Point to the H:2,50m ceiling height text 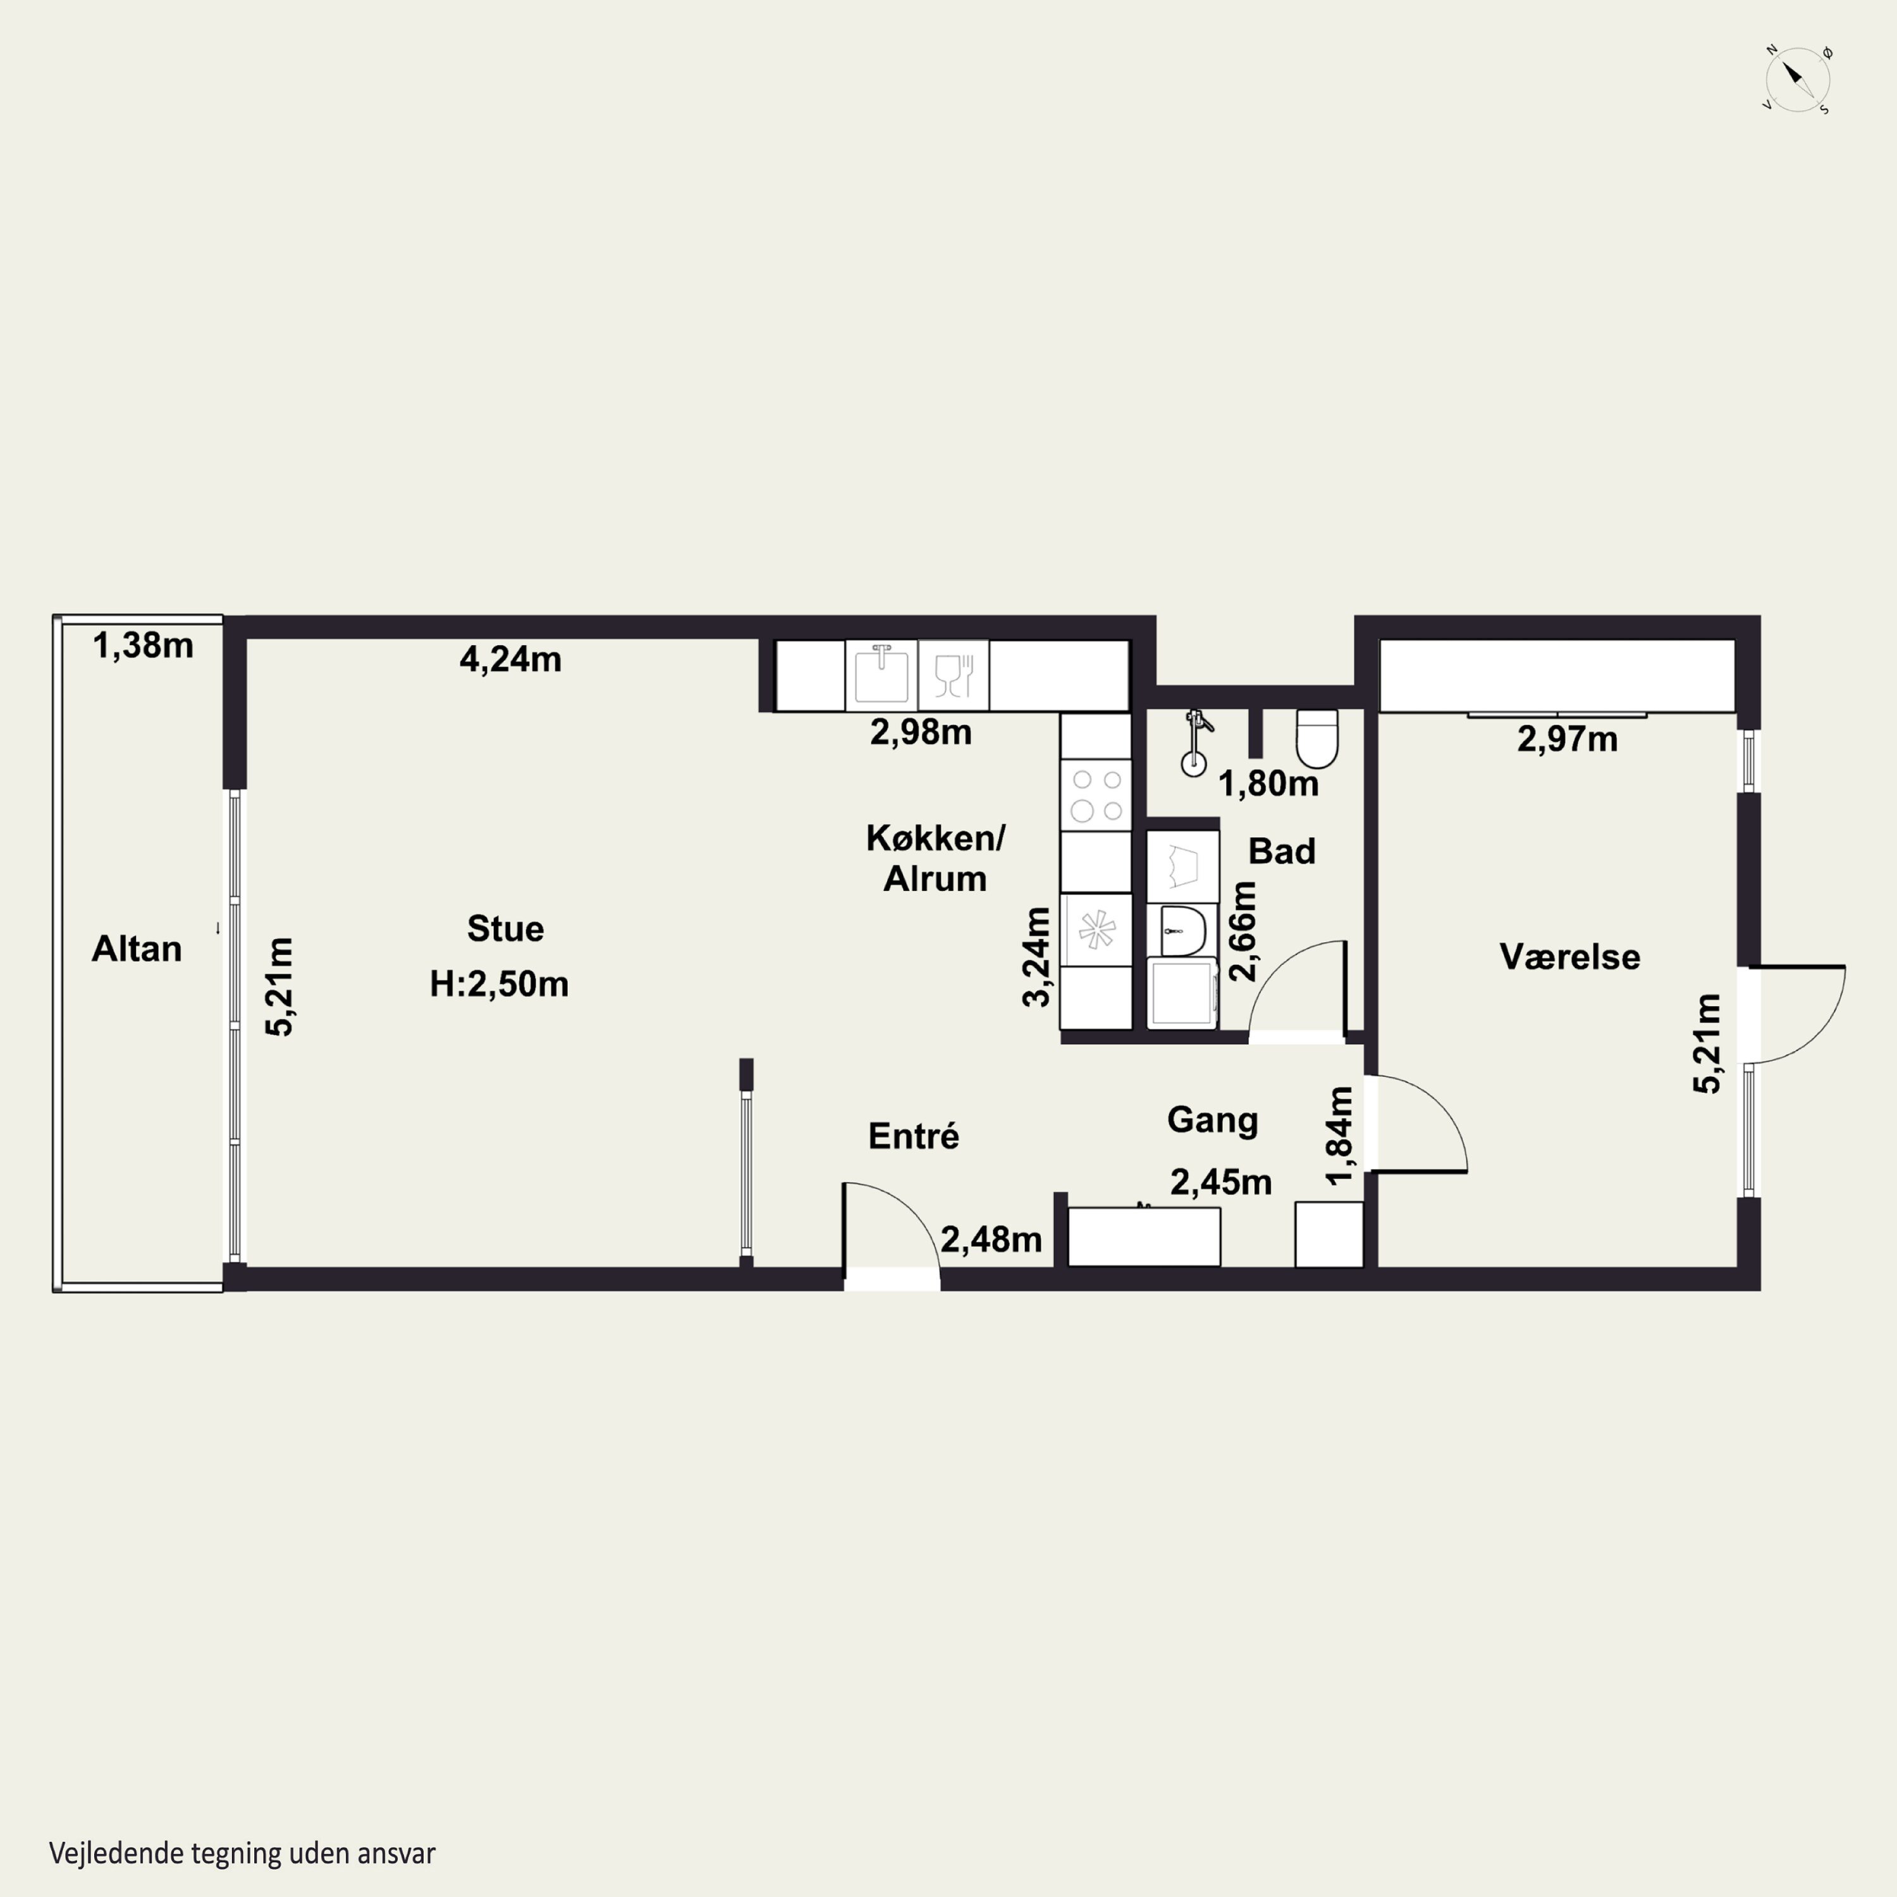499,984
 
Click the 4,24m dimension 510,659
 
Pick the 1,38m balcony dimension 144,645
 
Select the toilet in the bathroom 1317,739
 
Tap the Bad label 1281,851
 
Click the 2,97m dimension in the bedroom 1567,739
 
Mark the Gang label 1213,1120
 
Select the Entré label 913,1136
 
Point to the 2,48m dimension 991,1240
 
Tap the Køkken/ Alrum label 935,858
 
